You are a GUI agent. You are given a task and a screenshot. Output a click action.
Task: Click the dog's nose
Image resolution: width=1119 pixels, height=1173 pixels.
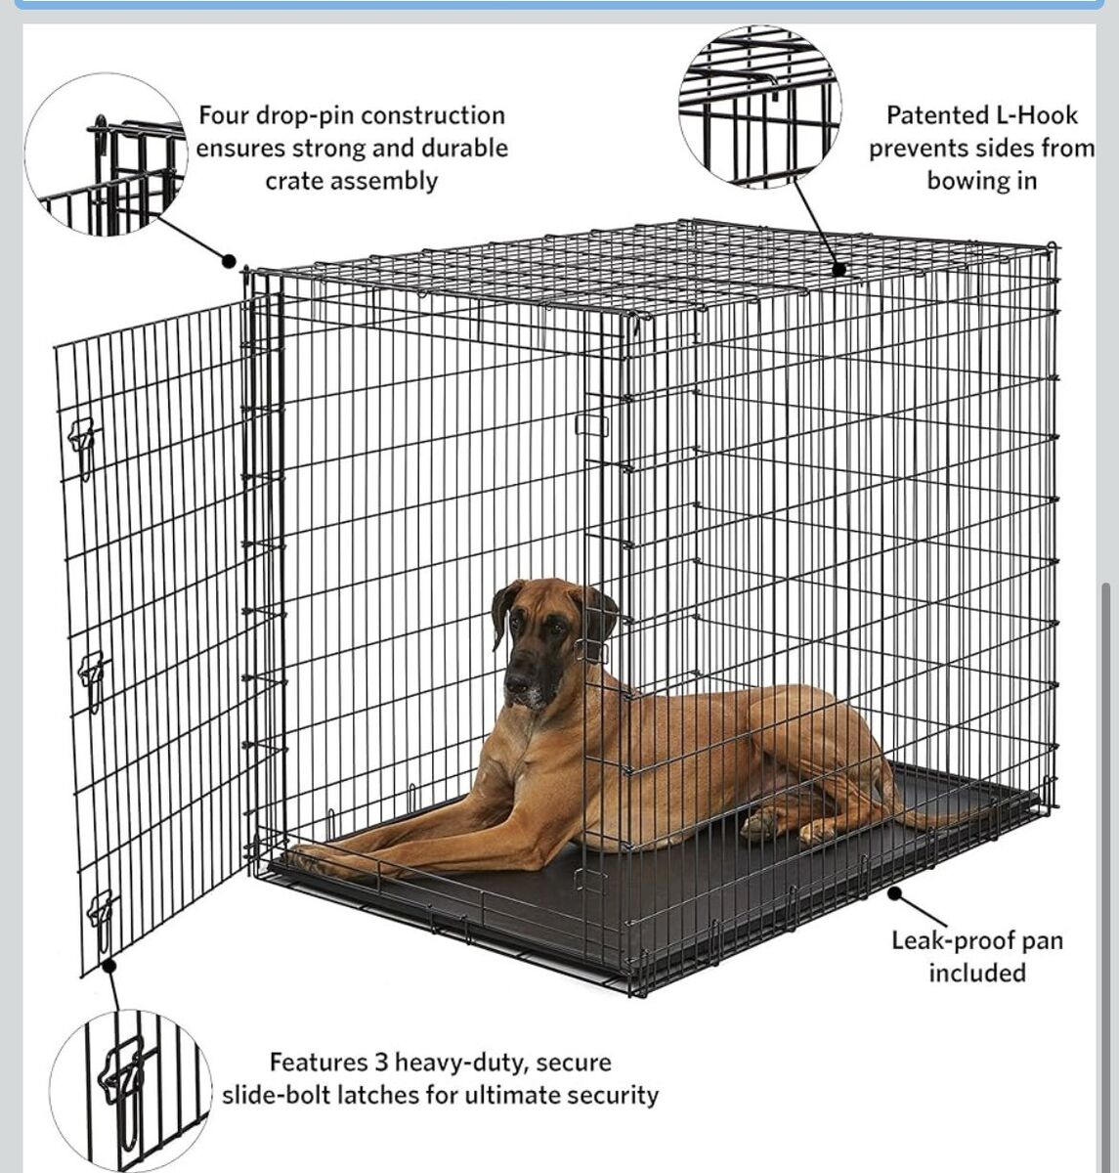(x=517, y=680)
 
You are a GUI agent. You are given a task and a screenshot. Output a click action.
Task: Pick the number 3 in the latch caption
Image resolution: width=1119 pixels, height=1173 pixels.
(x=382, y=1063)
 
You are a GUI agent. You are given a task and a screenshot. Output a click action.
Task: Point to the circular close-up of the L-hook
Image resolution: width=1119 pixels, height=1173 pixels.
(x=760, y=108)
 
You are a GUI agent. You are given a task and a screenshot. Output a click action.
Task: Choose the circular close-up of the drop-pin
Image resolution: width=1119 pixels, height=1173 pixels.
(x=107, y=153)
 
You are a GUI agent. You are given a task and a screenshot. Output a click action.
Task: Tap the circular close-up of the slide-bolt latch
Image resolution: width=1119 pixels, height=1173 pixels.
(x=131, y=1091)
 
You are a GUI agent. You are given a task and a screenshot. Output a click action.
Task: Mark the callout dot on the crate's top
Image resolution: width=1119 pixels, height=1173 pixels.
(x=839, y=269)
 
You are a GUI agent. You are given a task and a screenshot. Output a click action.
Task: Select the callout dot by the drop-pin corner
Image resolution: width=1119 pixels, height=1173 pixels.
(x=229, y=261)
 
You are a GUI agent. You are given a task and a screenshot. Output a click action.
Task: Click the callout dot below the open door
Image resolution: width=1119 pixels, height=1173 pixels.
(x=108, y=966)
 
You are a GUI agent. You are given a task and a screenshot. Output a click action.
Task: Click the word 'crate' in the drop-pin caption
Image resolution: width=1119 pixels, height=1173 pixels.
(x=296, y=182)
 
